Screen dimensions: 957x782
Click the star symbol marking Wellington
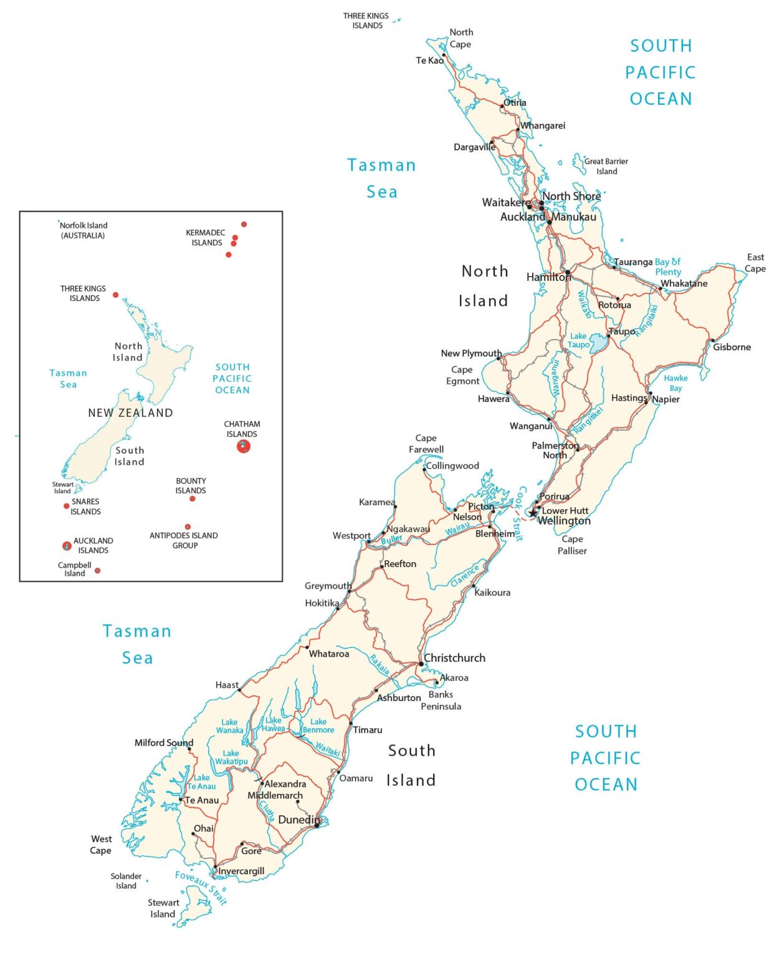pos(533,514)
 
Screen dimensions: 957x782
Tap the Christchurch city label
pos(454,658)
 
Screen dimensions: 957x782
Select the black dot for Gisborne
pos(712,341)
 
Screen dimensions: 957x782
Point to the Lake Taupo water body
pos(598,343)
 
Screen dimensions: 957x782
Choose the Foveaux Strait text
pos(201,887)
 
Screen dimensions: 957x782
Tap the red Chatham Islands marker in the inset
pos(244,446)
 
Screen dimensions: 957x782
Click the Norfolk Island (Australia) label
pos(83,231)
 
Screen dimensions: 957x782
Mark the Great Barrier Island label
pos(606,166)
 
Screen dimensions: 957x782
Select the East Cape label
pos(755,263)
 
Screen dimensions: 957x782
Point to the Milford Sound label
pos(164,743)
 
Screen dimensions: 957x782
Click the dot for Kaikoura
pos(474,586)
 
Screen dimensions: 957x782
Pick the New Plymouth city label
pos(471,353)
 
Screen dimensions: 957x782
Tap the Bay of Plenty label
pos(667,267)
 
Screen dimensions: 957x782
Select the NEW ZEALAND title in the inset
pos(130,412)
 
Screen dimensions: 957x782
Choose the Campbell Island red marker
pos(97,571)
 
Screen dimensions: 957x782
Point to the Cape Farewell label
pos(426,444)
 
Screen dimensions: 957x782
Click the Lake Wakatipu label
pos(231,757)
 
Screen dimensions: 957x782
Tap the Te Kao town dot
pos(444,55)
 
